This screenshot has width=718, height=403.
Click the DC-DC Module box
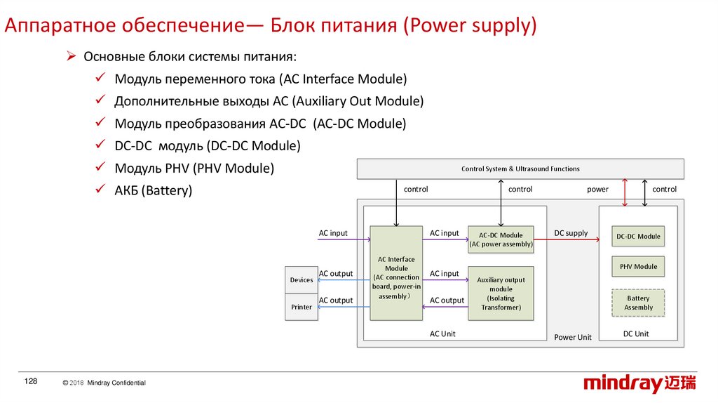pyautogui.click(x=638, y=237)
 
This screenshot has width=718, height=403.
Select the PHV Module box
pyautogui.click(x=638, y=267)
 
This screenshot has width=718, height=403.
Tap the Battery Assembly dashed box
pyautogui.click(x=638, y=303)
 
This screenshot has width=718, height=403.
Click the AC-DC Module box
pyautogui.click(x=501, y=239)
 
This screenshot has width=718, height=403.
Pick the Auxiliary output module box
pyautogui.click(x=501, y=293)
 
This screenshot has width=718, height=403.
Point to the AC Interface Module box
pyautogui.click(x=396, y=273)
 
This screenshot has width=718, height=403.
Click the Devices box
pyautogui.click(x=302, y=280)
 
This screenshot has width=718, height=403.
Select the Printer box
pyautogui.click(x=302, y=307)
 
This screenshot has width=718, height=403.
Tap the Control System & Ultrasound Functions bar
pyautogui.click(x=520, y=169)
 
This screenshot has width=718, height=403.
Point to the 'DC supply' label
pyautogui.click(x=571, y=233)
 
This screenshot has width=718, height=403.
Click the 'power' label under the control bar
pyautogui.click(x=597, y=190)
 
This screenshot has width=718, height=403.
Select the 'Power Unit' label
pyautogui.click(x=573, y=338)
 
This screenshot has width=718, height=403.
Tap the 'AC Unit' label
pyautogui.click(x=442, y=334)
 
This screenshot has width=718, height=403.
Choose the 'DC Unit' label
pyautogui.click(x=636, y=334)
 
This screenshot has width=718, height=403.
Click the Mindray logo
pyautogui.click(x=640, y=383)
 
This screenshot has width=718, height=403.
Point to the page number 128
pyautogui.click(x=30, y=381)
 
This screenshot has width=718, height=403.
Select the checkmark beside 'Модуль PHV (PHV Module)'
pyautogui.click(x=100, y=168)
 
